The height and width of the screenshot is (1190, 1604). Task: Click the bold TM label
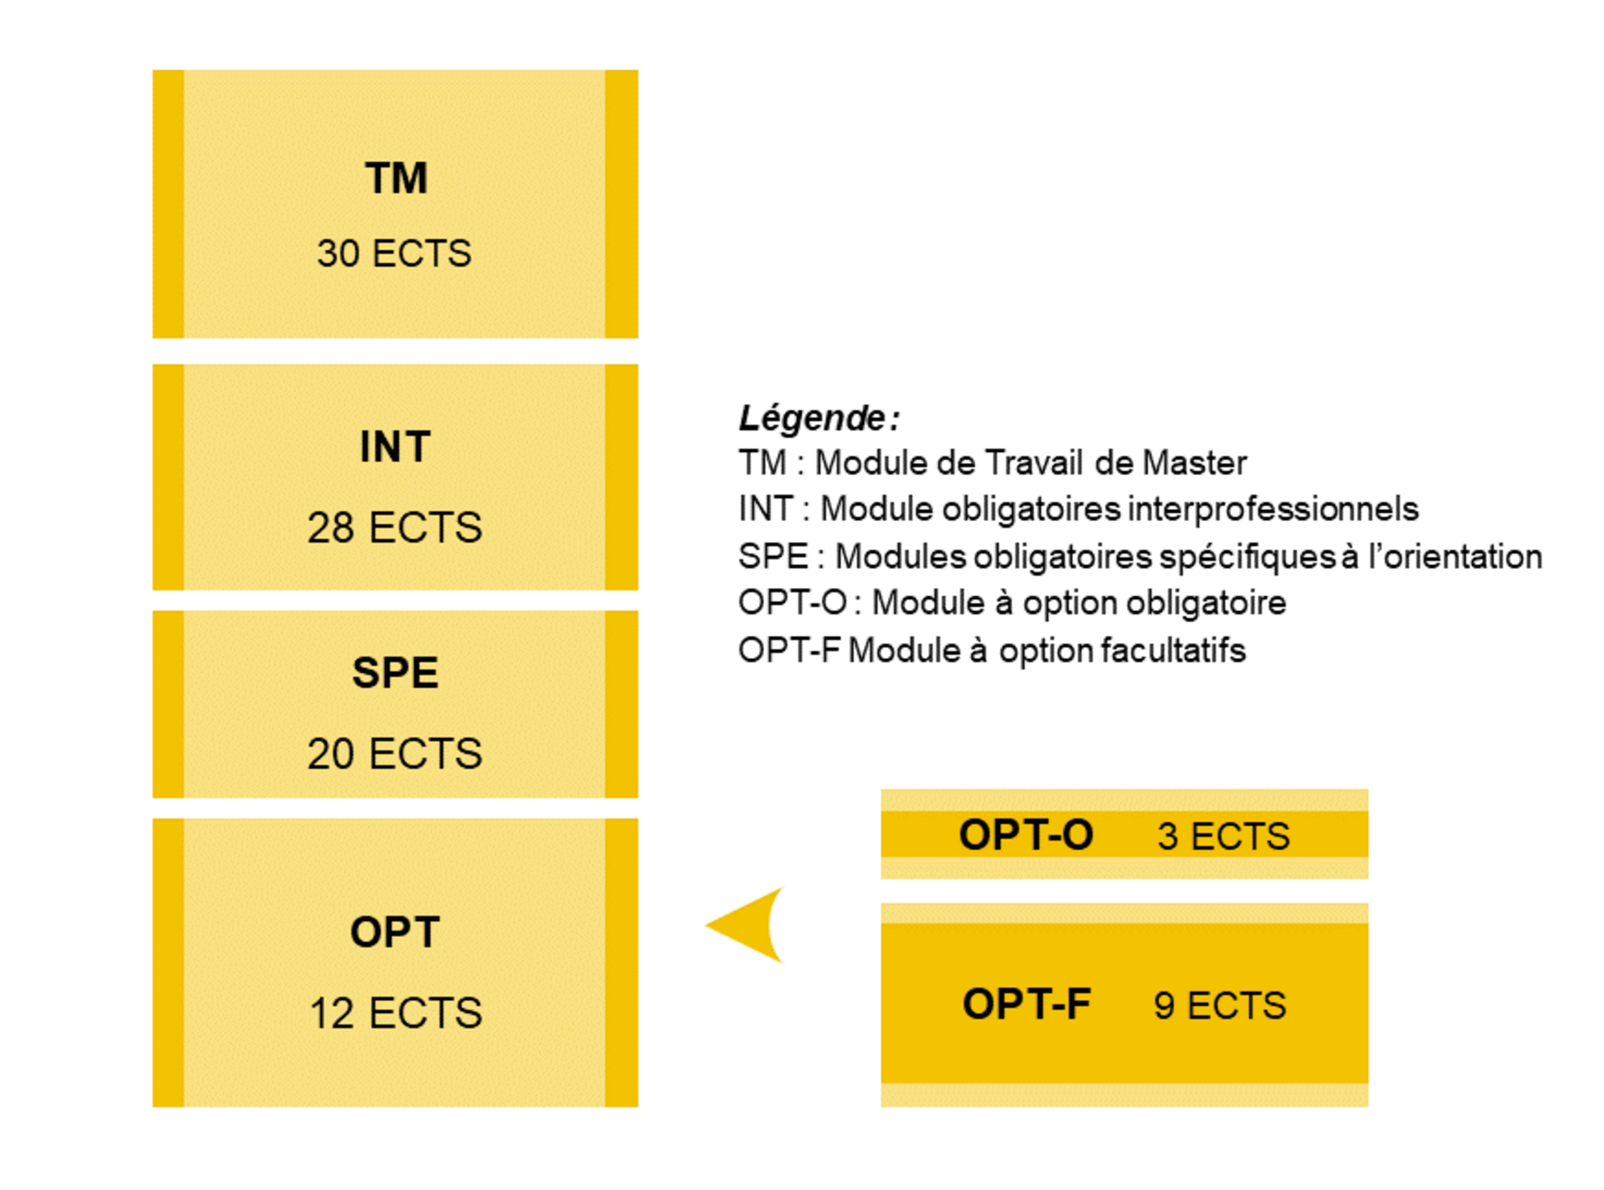(396, 178)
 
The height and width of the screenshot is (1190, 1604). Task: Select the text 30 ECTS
(394, 253)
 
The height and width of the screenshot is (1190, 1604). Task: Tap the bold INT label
(395, 447)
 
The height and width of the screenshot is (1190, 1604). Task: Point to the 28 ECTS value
(394, 528)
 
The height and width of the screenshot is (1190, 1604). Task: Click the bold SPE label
(395, 673)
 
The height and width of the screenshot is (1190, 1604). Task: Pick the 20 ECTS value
(394, 753)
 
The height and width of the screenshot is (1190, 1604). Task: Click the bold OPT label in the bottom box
(395, 932)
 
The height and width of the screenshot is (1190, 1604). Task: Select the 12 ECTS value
(395, 1013)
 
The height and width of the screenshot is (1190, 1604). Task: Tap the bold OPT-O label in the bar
(1026, 835)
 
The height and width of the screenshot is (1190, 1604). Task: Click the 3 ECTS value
(1223, 836)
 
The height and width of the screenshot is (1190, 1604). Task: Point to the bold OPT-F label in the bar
(1026, 1004)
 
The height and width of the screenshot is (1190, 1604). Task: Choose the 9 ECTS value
(1220, 1005)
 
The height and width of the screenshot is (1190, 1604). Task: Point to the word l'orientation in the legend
(1454, 556)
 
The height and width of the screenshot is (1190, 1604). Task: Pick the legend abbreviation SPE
(773, 556)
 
